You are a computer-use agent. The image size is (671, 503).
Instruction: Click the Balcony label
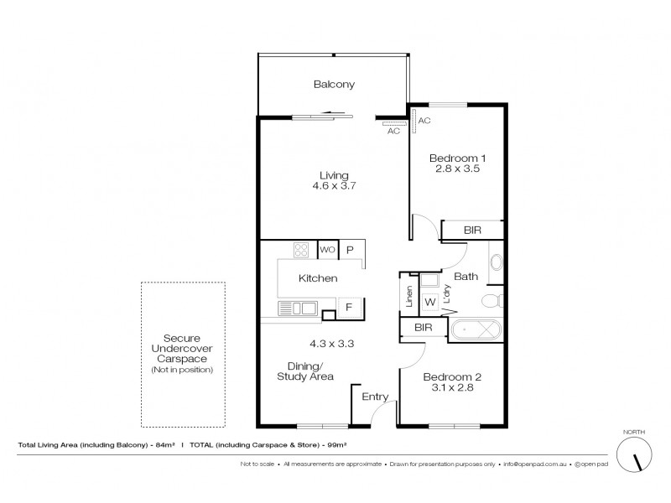(x=334, y=84)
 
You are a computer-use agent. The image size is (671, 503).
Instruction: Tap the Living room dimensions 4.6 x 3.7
(x=334, y=186)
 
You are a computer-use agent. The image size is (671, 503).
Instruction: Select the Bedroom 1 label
(x=457, y=158)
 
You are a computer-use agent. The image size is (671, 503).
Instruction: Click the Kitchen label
(x=319, y=277)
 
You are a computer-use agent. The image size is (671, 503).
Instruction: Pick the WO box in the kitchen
(x=326, y=250)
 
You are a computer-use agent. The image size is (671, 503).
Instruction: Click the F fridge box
(x=348, y=309)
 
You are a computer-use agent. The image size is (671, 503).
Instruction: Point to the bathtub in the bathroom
(x=476, y=329)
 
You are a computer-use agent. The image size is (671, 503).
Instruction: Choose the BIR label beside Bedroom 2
(x=424, y=329)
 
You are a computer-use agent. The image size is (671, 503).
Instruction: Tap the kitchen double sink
(x=298, y=309)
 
